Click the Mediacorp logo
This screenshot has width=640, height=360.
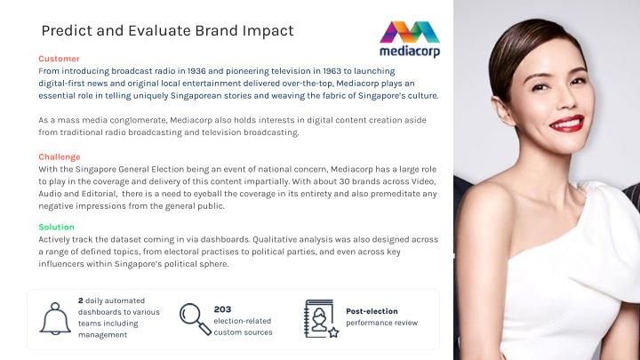410,39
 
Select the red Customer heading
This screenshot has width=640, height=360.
59,59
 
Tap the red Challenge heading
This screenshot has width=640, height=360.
60,157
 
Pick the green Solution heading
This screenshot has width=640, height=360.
56,227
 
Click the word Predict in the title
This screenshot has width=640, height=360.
67,30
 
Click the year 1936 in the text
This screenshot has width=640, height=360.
196,71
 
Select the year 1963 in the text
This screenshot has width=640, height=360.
332,71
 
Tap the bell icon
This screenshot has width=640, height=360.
55,318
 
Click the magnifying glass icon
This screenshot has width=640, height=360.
196,319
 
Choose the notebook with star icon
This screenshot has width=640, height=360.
321,319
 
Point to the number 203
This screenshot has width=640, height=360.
222,309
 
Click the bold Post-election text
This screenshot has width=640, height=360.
372,311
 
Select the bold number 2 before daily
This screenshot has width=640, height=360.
80,300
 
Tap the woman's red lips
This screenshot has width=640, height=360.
567,124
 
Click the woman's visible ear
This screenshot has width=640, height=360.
501,110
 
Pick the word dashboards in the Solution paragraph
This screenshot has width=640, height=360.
225,239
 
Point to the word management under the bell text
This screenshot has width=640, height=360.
102,335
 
